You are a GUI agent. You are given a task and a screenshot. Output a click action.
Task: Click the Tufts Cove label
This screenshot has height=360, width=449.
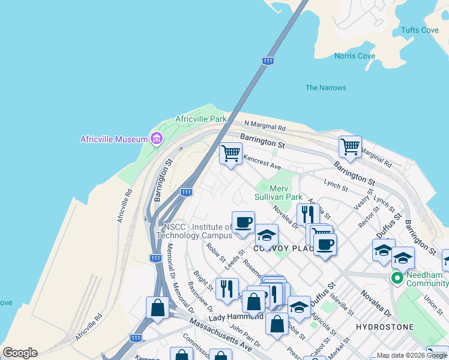tap(420, 30)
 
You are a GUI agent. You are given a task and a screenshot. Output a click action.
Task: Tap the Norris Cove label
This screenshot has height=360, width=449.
tap(354, 56)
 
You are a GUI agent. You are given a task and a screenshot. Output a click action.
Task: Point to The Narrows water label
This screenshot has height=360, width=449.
tap(325, 88)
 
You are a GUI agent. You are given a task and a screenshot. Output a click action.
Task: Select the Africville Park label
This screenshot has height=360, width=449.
tap(200, 119)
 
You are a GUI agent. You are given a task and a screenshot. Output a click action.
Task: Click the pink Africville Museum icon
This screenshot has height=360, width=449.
tap(157, 139)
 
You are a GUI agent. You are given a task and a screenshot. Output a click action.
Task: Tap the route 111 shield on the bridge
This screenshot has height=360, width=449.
tap(268, 61)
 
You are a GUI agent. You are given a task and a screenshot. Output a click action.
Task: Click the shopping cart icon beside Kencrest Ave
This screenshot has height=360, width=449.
tap(231, 154)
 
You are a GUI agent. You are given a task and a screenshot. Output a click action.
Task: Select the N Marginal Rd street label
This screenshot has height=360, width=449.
tap(265, 127)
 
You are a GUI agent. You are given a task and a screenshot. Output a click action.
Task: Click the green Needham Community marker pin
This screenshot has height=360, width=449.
tap(397, 278)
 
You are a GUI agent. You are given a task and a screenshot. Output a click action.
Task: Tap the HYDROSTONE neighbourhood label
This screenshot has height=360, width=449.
tap(384, 327)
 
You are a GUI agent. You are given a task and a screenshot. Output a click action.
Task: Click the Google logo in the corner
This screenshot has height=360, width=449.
tap(20, 353)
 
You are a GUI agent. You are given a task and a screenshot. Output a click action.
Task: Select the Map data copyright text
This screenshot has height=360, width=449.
tap(412, 355)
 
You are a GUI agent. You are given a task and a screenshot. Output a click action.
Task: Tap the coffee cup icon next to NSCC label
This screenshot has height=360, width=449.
tap(243, 223)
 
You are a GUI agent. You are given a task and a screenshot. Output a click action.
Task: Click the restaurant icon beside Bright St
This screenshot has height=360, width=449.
tap(227, 289)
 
